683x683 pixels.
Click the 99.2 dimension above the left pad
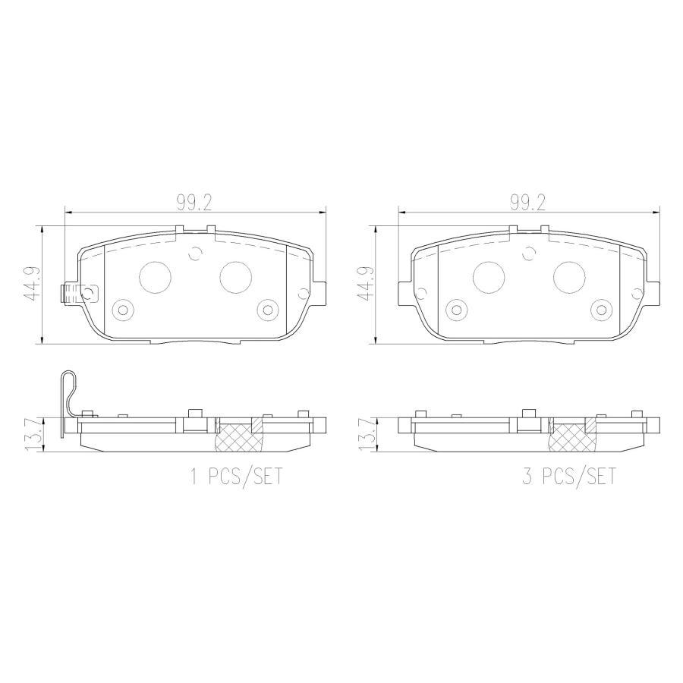[x=194, y=203]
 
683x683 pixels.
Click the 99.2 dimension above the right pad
[x=527, y=203]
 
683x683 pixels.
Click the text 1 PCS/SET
[x=236, y=476]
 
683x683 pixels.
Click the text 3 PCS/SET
[x=569, y=476]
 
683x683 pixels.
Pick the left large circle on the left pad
[x=155, y=278]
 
